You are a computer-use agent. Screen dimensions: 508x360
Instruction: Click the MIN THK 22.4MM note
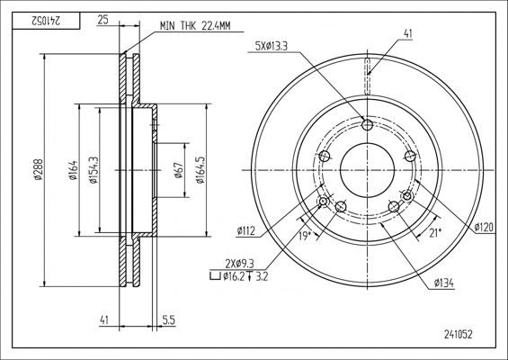tap(195, 26)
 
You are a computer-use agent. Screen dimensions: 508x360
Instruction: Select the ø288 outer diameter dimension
tap(39, 169)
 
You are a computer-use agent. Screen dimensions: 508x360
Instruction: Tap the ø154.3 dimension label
tap(94, 169)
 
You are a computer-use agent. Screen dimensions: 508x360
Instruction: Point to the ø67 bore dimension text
tap(179, 170)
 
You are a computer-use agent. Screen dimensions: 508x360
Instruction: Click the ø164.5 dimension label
tap(201, 169)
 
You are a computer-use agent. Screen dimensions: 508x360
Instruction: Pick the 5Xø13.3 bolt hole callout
tap(272, 47)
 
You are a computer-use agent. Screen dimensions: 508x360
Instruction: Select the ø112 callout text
tap(245, 231)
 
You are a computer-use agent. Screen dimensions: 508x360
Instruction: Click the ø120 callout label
tap(484, 227)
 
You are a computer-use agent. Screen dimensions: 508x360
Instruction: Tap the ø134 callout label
tap(444, 283)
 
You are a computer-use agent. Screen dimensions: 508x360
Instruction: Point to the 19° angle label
tap(304, 236)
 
